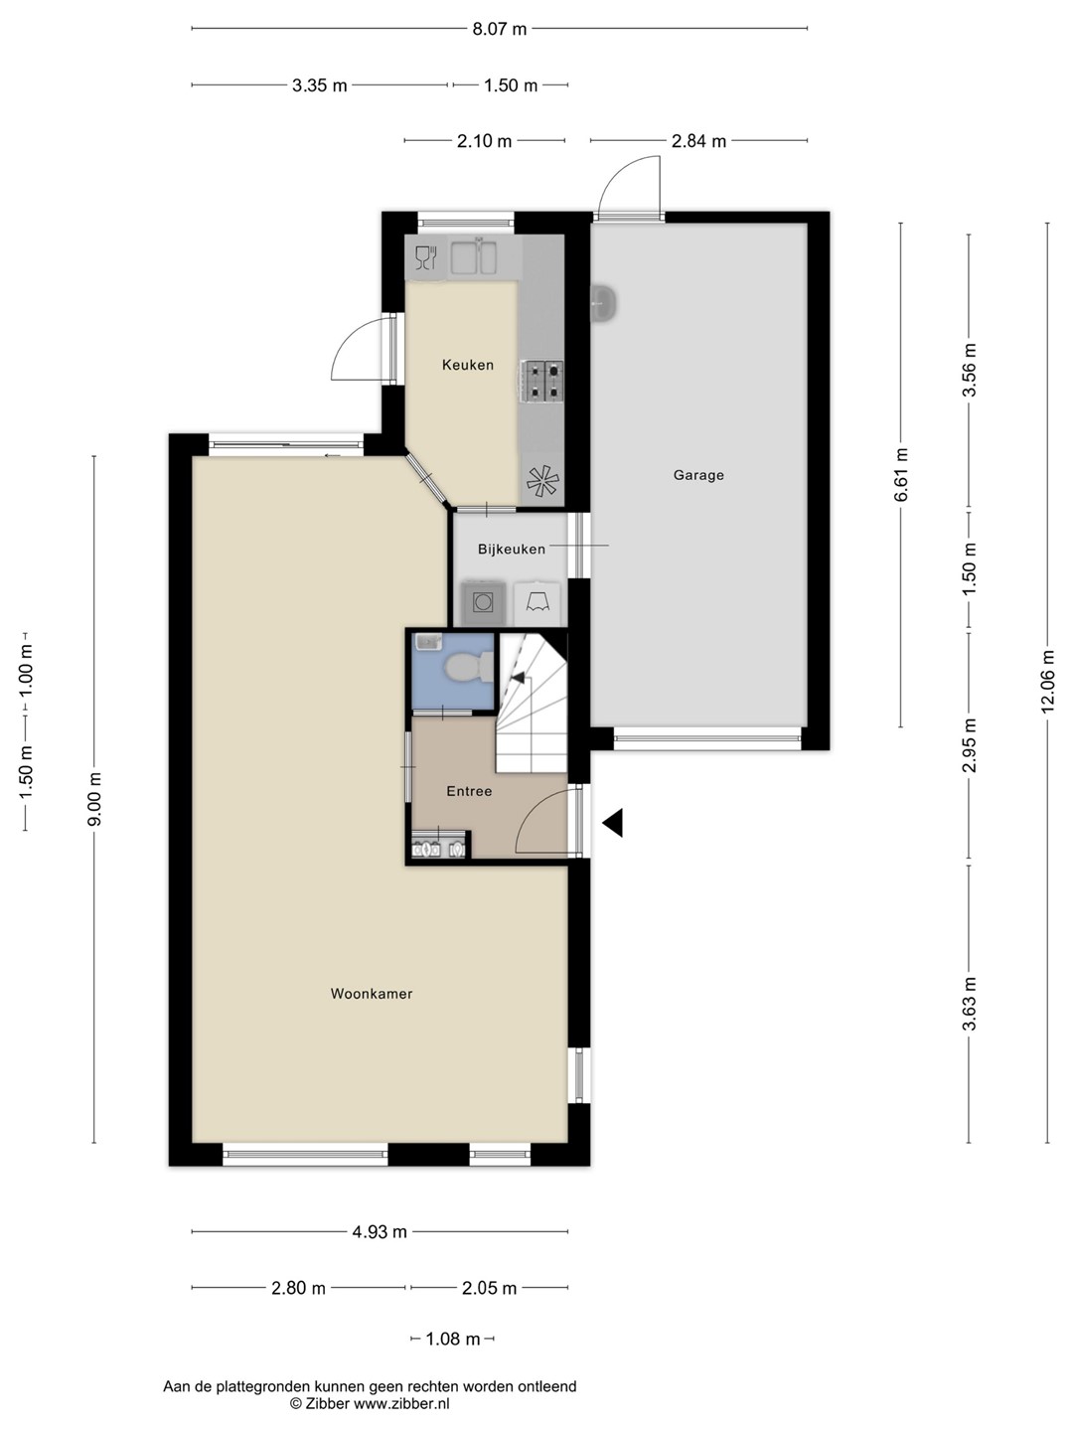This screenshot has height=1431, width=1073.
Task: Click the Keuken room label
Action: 468,365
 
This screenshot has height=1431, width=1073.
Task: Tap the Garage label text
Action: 698,475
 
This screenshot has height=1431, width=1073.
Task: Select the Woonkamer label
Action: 372,994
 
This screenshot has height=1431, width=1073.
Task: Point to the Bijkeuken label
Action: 512,549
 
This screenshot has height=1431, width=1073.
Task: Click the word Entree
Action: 469,791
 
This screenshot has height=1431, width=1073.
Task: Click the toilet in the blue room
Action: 468,667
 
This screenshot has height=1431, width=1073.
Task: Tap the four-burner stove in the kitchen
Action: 541,382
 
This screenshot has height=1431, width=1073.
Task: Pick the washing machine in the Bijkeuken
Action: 483,603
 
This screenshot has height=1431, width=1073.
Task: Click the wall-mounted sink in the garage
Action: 604,303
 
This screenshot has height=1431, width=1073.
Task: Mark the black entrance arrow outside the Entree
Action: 612,823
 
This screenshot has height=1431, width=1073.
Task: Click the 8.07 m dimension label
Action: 499,29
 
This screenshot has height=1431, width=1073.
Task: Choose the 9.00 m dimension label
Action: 95,799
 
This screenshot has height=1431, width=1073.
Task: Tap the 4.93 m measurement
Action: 380,1231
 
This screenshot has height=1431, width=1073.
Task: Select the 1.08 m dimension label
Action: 453,1339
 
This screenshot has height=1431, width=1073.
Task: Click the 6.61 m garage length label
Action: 901,475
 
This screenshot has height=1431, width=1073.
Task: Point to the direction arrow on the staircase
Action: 518,678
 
